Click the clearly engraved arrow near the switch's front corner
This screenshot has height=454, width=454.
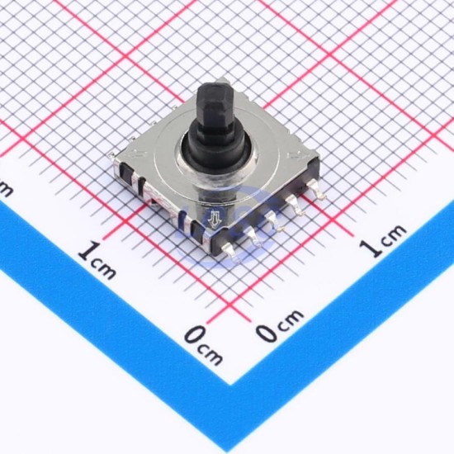pos(215,218)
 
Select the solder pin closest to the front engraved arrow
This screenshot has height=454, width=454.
pos(229,249)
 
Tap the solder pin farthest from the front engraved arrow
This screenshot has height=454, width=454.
pos(316,189)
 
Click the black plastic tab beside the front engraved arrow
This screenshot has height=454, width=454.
pos(198,229)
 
